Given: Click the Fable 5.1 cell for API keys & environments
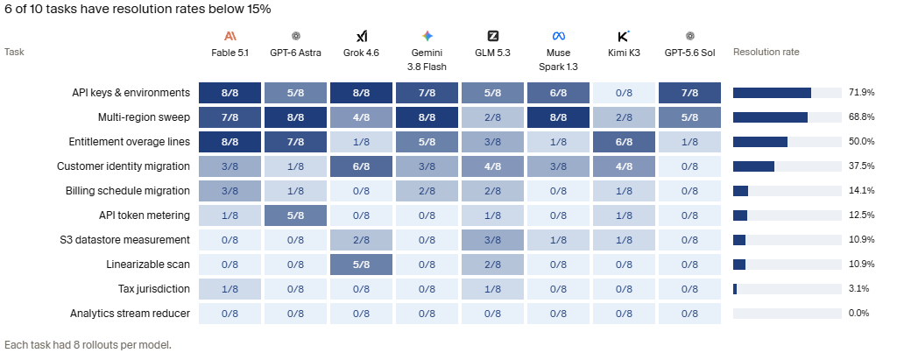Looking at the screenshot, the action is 230,93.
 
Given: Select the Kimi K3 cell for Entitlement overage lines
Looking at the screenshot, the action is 624,142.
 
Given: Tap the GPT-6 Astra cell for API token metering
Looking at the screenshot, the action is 296,215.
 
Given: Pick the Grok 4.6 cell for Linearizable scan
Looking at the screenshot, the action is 362,265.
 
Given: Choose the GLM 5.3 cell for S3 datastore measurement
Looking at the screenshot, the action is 492,240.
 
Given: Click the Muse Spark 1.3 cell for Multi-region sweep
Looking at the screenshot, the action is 558,117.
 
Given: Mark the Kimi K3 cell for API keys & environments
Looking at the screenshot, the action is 624,93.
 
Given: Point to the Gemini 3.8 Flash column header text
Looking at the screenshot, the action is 427,60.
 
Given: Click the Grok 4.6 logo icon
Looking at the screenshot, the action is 362,37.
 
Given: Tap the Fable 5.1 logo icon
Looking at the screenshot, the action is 230,37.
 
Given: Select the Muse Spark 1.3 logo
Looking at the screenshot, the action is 558,37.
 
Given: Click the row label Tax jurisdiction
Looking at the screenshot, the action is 154,289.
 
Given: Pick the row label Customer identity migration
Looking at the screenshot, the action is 124,166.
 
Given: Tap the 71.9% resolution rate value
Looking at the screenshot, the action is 862,93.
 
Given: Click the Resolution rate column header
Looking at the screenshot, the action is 766,52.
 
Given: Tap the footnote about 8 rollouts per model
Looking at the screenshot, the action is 88,345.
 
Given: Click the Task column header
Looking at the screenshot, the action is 14,52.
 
